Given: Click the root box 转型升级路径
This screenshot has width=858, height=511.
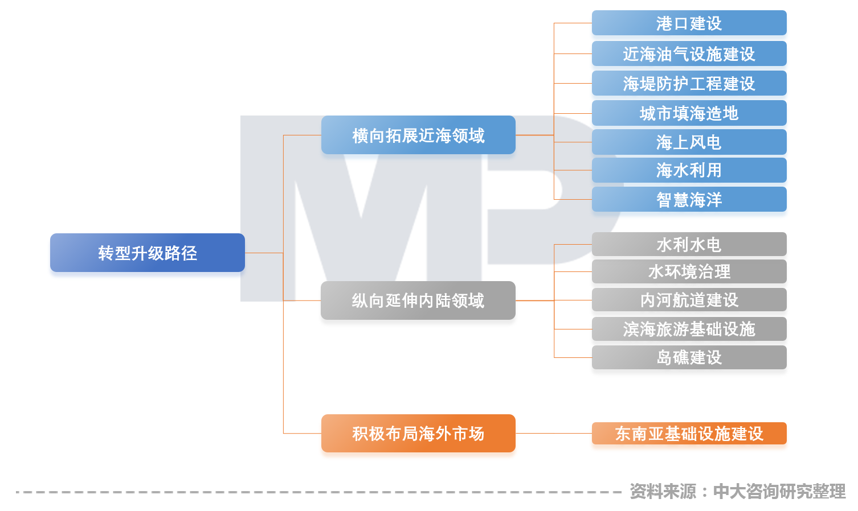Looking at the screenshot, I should click(x=147, y=253).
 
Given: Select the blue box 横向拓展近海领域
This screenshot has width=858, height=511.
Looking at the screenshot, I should click(x=418, y=135).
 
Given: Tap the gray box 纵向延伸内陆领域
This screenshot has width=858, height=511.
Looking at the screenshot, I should click(x=418, y=300).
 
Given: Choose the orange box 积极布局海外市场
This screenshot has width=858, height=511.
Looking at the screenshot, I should click(x=418, y=434).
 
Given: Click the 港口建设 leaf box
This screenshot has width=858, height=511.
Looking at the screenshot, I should click(x=689, y=23).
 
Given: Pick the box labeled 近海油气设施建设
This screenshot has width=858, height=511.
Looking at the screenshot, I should click(x=689, y=54).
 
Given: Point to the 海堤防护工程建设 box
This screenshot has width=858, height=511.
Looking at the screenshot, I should click(x=689, y=84).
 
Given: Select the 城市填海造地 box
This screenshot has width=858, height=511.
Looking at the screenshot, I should click(x=689, y=113).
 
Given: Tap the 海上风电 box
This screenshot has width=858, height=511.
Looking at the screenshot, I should click(x=689, y=142).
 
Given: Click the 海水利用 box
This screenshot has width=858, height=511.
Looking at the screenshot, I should click(x=689, y=170).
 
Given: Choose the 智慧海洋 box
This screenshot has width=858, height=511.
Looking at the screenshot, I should click(x=689, y=200).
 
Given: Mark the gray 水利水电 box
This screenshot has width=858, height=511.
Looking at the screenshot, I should click(x=689, y=245).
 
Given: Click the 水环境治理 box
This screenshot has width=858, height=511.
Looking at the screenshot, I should click(x=689, y=271).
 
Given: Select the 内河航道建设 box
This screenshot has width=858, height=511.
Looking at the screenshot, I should click(x=689, y=300).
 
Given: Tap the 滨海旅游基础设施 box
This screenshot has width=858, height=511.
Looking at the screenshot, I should click(x=689, y=329).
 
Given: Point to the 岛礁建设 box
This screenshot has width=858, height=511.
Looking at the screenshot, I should click(x=689, y=357).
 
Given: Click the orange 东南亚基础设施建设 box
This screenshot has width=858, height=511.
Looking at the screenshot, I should click(x=689, y=434).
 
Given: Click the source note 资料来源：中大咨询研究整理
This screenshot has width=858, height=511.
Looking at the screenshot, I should click(x=737, y=491).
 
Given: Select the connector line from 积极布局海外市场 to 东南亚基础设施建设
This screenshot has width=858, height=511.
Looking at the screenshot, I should click(x=553, y=434).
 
